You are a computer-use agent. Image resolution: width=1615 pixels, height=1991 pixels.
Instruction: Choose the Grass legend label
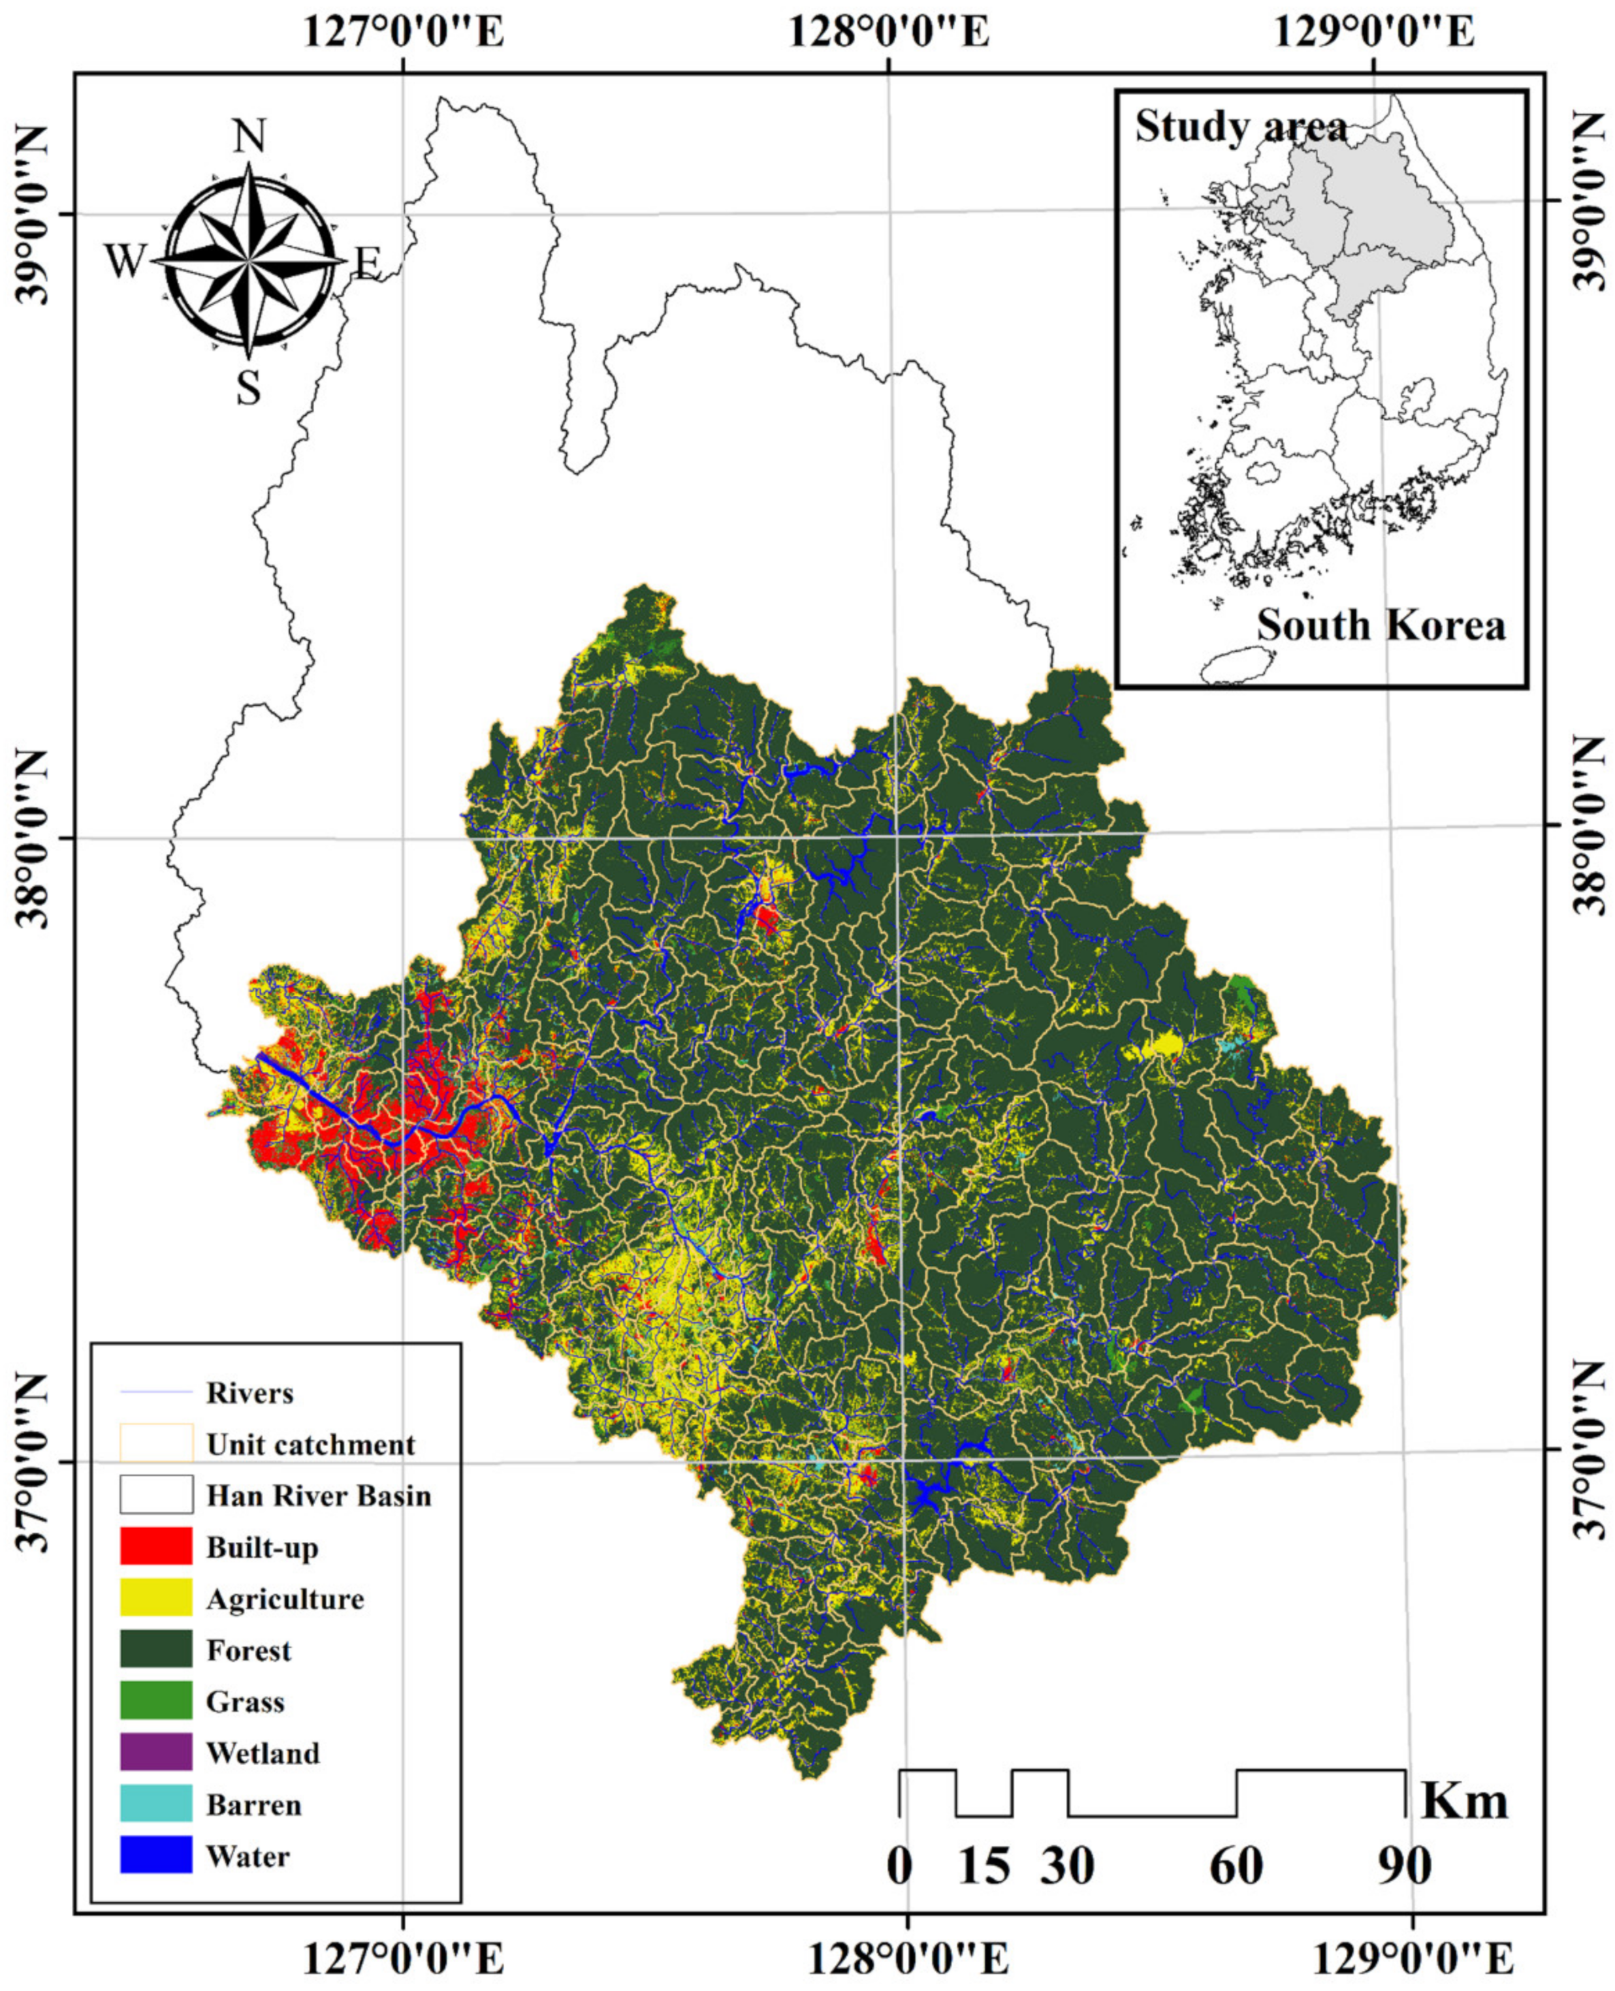pyautogui.click(x=245, y=1701)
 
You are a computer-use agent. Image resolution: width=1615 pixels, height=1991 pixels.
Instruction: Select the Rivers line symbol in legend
pyautogui.click(x=155, y=1392)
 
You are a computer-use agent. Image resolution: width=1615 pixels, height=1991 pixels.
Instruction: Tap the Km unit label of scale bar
pyautogui.click(x=1464, y=1801)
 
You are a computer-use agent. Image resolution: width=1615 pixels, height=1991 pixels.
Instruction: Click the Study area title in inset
pyautogui.click(x=1241, y=127)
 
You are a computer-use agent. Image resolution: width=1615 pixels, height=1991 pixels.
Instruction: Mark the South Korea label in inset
pyautogui.click(x=1381, y=625)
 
